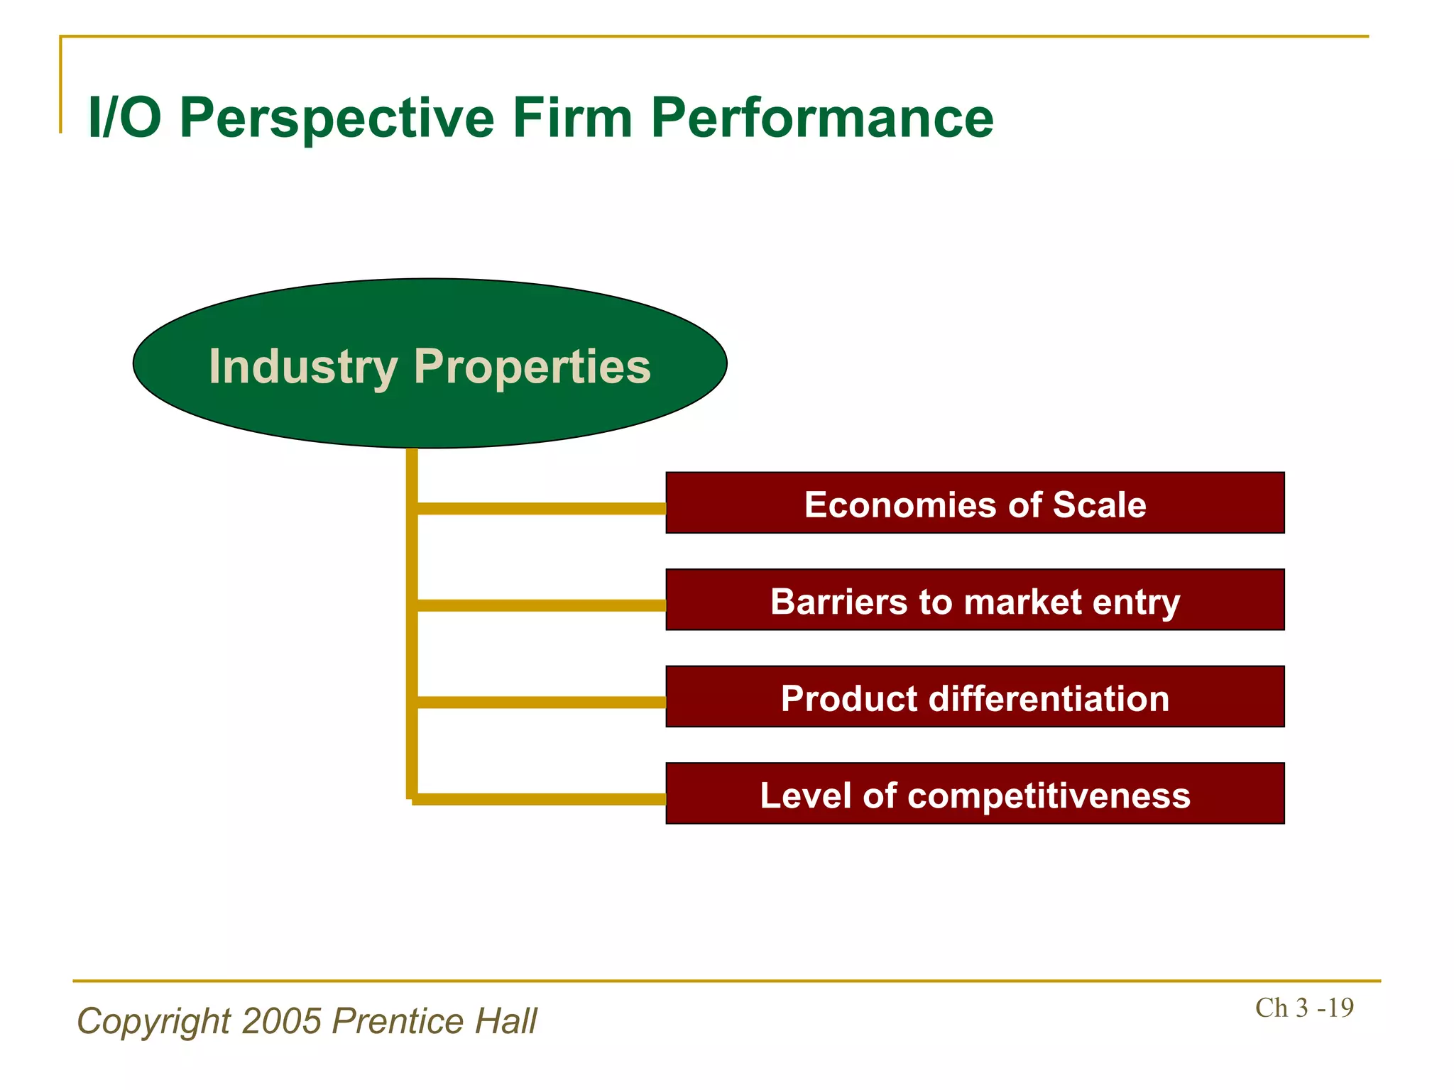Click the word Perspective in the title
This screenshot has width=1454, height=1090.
337,118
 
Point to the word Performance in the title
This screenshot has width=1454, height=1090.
821,118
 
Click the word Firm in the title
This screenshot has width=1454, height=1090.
572,118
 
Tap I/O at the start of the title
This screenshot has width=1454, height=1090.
124,118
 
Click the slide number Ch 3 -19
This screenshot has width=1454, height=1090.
1304,1008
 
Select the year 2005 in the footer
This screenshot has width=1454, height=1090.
282,1021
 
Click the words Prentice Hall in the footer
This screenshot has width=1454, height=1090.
434,1021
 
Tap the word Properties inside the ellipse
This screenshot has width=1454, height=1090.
532,367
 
